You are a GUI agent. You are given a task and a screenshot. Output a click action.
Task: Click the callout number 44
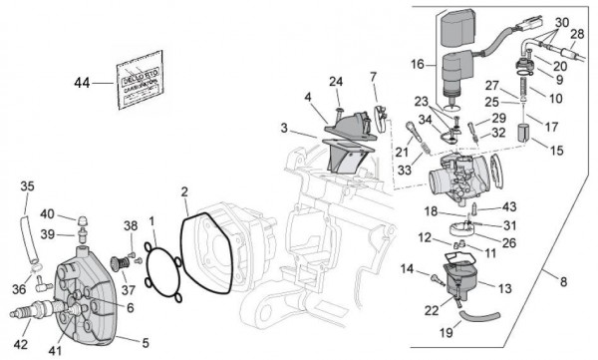tap(83, 84)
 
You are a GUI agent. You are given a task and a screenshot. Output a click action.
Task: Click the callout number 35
tap(27, 185)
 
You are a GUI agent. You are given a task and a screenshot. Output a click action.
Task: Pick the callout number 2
tap(184, 190)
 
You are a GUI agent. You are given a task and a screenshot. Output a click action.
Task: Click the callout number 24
tap(336, 81)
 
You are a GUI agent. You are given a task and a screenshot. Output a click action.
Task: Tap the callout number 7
tap(373, 76)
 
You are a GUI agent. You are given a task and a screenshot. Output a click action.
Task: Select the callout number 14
tap(408, 268)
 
